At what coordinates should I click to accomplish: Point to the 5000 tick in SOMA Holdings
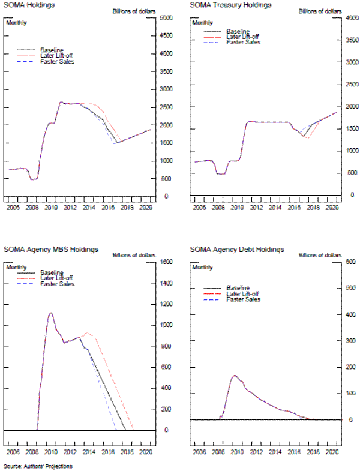click(167, 18)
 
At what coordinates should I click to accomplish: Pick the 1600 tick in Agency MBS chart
click(167, 262)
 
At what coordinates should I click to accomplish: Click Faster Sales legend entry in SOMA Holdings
click(57, 61)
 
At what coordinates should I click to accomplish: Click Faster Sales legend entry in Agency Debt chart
click(243, 299)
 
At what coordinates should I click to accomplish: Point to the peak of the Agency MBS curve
click(51, 313)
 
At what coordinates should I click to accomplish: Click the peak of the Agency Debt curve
click(235, 376)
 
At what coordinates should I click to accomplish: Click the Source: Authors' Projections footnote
click(34, 466)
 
